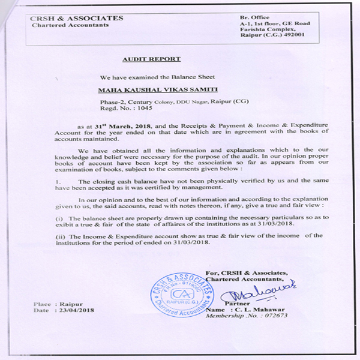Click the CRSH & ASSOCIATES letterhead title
[x=77, y=18]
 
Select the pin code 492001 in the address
[x=296, y=35]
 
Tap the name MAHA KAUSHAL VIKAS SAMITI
[x=146, y=90]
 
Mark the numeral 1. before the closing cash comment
[x=58, y=181]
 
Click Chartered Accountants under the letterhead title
[x=70, y=25]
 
